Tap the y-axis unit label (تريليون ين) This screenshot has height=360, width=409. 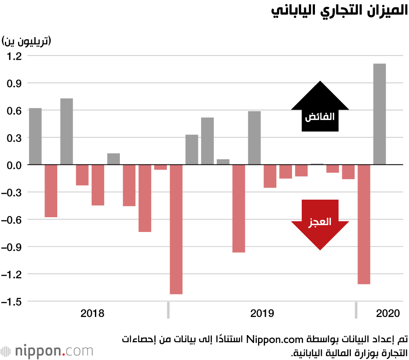26,41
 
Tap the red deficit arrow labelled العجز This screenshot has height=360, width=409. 320,223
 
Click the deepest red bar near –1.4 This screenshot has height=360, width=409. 176,229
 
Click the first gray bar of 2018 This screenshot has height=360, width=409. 35,136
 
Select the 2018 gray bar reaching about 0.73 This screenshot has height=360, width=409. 67,131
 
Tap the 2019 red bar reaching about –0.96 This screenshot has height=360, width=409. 239,208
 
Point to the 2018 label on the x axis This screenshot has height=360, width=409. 92,314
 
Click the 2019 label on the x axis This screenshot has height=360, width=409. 262,314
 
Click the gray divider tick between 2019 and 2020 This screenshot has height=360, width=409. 356,310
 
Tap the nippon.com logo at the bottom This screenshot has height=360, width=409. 47,351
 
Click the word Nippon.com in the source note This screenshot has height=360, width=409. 267,339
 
